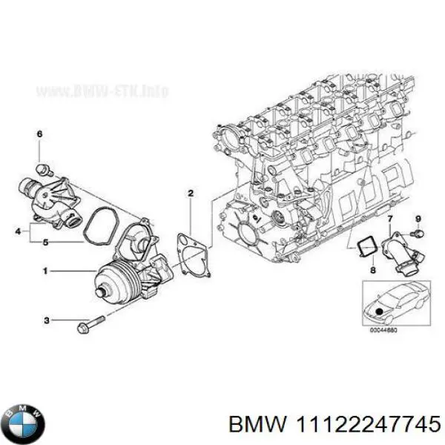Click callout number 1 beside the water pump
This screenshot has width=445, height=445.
click(46, 271)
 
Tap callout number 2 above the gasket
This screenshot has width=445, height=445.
click(191, 194)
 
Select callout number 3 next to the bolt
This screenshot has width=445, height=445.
click(46, 320)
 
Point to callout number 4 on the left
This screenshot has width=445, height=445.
click(18, 233)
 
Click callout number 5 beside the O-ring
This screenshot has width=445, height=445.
click(46, 242)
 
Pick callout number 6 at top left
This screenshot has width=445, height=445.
click(40, 133)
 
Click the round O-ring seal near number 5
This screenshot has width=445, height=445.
click(99, 228)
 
